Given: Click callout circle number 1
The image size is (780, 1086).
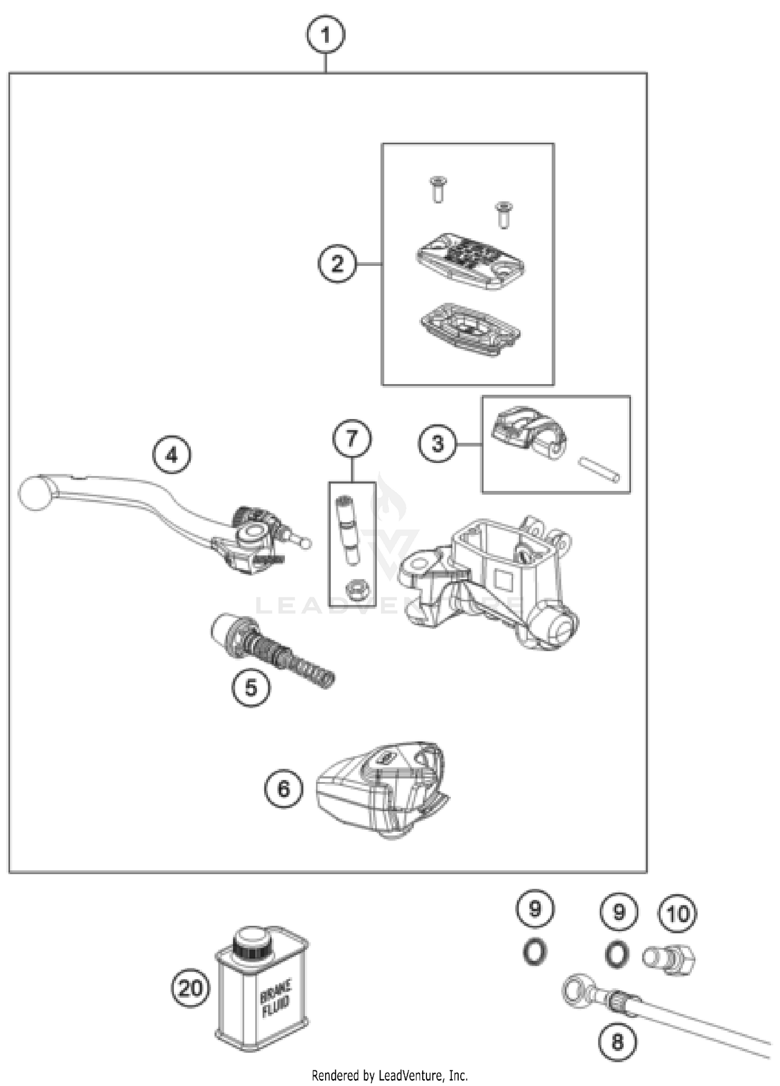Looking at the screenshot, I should click(x=325, y=35).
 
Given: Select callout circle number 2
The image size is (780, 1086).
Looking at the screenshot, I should click(x=337, y=264).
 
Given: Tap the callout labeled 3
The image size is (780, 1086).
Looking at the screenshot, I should click(x=438, y=444).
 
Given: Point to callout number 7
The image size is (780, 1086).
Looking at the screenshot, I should click(x=352, y=438).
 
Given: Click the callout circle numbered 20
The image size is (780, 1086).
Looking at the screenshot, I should click(x=191, y=988).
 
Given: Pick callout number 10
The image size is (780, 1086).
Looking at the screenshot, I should click(x=678, y=914).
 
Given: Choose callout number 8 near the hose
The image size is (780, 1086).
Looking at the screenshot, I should click(x=617, y=1042).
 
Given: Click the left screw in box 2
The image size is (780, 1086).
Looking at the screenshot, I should click(x=438, y=189).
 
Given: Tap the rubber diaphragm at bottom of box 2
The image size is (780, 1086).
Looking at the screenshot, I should click(x=470, y=330).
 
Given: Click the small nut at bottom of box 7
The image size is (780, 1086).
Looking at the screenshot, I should click(x=358, y=590).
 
